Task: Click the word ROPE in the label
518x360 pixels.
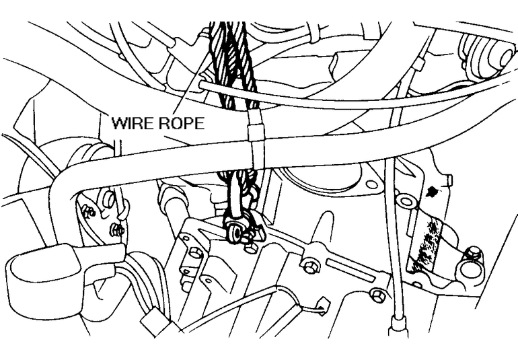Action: click(x=180, y=124)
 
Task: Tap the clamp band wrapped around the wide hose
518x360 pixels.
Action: click(x=255, y=145)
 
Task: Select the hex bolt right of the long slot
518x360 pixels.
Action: click(x=377, y=294)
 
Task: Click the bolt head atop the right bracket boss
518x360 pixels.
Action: click(x=474, y=254)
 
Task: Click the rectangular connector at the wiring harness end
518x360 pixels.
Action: click(x=157, y=321)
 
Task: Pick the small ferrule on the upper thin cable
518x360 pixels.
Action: click(x=418, y=64)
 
